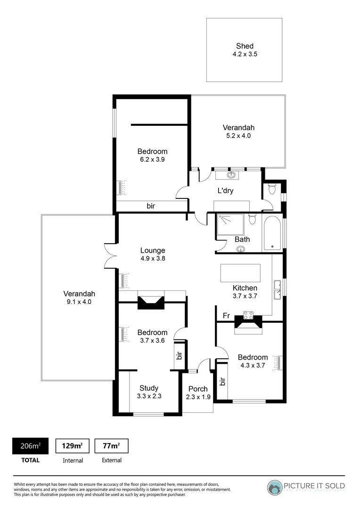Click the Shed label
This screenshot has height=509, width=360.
click(x=245, y=46)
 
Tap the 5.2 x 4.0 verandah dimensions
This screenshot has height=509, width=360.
click(x=238, y=136)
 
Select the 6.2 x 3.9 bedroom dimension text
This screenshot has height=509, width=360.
click(x=152, y=159)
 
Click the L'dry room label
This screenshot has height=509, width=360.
click(x=225, y=191)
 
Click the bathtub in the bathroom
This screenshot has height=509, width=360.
click(x=272, y=233)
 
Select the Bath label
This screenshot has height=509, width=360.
click(x=242, y=239)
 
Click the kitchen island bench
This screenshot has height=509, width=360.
click(x=240, y=273)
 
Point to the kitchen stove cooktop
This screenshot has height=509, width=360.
click(x=248, y=316)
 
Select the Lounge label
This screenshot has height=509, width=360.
click(x=152, y=250)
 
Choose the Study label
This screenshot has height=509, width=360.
click(x=149, y=388)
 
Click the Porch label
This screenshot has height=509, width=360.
click(x=198, y=389)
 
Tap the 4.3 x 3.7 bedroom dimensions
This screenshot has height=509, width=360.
click(x=253, y=365)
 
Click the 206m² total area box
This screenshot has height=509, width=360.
click(x=29, y=446)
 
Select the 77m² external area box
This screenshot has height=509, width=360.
click(x=111, y=446)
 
